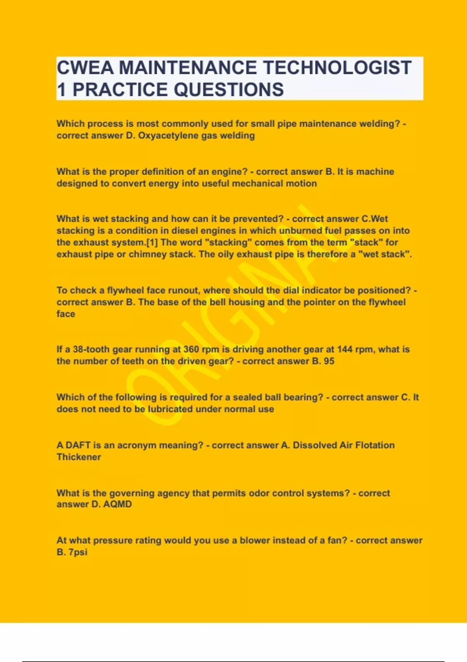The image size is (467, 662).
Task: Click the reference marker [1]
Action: click(x=152, y=242)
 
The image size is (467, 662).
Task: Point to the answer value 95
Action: click(x=329, y=361)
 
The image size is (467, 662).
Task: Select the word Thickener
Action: click(x=79, y=457)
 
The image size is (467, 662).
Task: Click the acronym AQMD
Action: click(x=118, y=504)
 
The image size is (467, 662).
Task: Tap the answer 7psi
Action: click(x=78, y=552)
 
